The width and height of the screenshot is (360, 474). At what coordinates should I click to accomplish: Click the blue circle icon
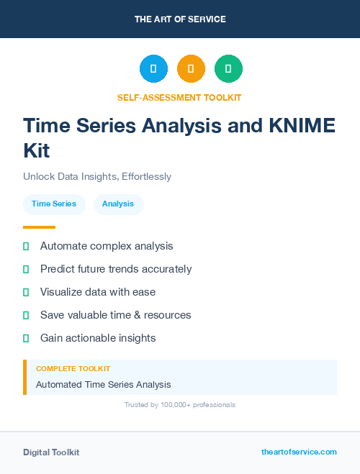point(153,69)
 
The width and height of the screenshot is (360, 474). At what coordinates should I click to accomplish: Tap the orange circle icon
point(191,69)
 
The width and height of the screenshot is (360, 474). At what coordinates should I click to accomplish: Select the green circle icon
point(228,69)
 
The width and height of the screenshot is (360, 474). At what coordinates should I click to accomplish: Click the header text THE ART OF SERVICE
point(180,19)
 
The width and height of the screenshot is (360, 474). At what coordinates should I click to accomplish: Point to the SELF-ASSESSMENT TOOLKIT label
point(179,97)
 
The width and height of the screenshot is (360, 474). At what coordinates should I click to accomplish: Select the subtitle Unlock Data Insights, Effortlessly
point(97,176)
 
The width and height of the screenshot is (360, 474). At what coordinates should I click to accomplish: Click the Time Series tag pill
point(54,204)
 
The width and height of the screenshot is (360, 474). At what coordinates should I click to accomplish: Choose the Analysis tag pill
point(118,204)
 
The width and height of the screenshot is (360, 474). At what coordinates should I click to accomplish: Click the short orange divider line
point(39,227)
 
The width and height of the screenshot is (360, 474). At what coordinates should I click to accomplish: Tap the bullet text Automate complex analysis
point(107,246)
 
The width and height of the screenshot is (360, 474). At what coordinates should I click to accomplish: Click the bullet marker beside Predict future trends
point(26,269)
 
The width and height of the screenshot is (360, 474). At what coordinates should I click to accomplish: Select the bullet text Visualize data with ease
point(98,292)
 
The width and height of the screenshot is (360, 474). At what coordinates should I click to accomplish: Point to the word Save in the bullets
point(53,315)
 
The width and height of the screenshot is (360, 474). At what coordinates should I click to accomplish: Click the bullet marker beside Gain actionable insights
point(26,338)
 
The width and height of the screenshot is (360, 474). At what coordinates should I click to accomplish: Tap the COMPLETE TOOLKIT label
point(73,368)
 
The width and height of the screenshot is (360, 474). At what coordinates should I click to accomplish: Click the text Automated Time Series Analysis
point(104,385)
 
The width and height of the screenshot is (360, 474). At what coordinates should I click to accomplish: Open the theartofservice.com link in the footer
point(299,452)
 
